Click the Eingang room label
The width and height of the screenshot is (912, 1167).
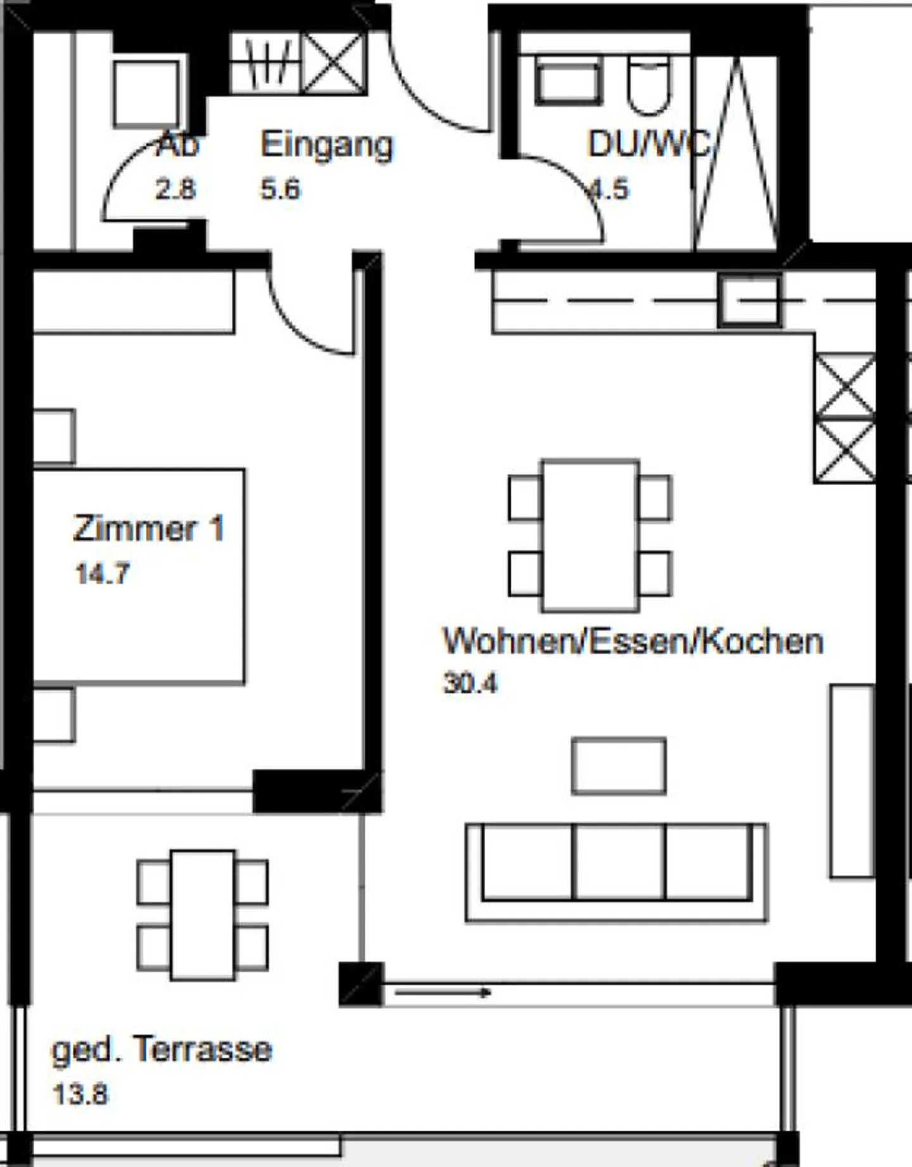point(327,146)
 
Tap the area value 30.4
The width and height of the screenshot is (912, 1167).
point(471,683)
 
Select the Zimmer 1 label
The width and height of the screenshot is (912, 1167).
point(149,528)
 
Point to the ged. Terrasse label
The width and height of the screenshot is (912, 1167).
point(161,1049)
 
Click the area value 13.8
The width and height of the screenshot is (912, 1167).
point(80,1094)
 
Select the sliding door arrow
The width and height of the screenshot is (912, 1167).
point(443,992)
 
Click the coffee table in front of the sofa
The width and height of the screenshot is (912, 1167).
point(619,766)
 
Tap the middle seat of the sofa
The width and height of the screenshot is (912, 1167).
point(619,861)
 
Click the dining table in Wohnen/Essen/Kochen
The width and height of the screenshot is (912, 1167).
point(590,535)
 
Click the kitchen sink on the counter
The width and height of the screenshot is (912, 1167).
point(749,301)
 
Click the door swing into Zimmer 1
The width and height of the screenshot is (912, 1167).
point(304,317)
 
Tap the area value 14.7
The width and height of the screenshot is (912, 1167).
point(102,574)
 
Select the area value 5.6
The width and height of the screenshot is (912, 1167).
point(280,189)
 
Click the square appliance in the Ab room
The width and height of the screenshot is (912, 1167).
point(146,94)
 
